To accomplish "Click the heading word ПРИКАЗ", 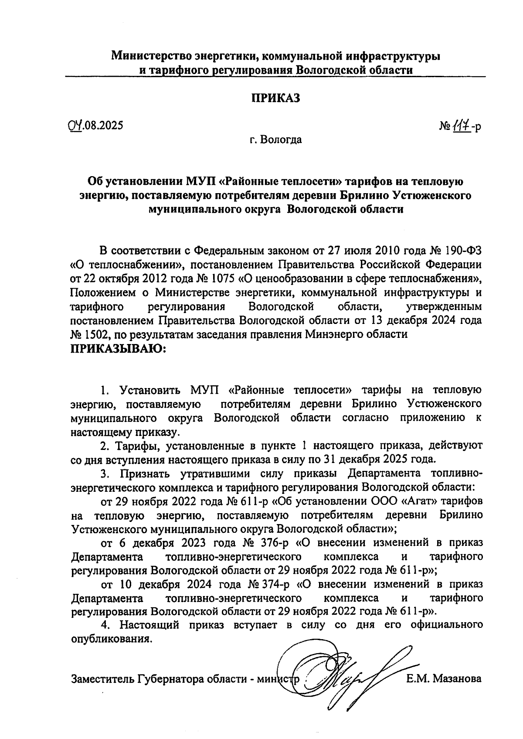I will coord(275,98).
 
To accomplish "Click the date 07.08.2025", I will coord(92,126).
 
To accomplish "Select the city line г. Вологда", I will coord(275,140).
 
